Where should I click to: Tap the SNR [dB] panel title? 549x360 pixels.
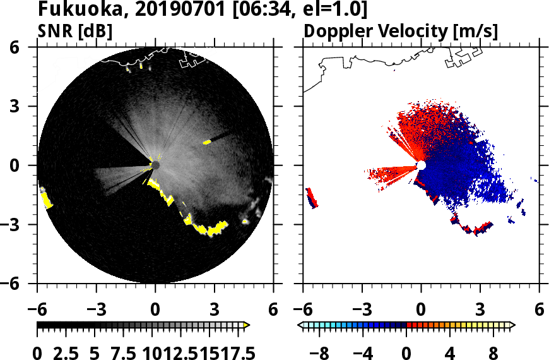coord(75,31)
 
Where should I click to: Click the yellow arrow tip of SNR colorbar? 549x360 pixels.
coord(247,325)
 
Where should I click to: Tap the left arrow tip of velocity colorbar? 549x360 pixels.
coord(301,325)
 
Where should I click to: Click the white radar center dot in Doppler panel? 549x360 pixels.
coord(421,165)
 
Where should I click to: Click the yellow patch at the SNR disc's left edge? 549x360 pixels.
coord(46,199)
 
